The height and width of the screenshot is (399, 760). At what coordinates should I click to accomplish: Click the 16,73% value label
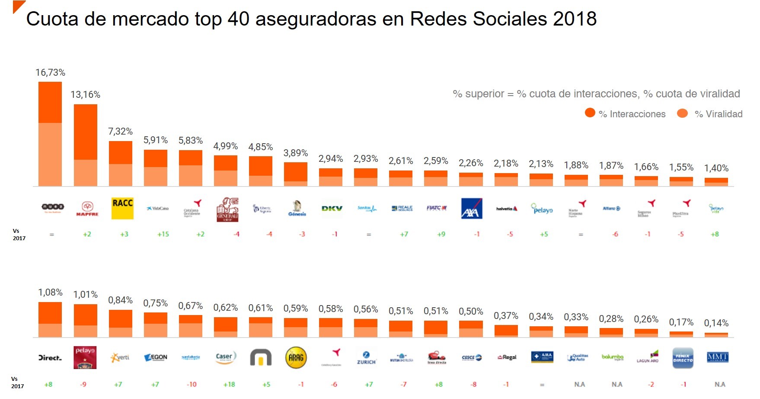(x=50, y=73)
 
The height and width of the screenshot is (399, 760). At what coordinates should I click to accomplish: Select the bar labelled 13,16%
(x=86, y=145)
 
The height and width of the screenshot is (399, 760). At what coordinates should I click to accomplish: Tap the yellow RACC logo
(x=122, y=208)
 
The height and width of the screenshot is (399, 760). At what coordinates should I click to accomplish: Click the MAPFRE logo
(x=87, y=209)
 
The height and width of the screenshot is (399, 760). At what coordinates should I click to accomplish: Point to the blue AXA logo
(x=472, y=209)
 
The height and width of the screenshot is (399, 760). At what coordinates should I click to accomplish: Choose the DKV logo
(x=332, y=209)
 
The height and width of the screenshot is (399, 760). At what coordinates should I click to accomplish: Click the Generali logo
(x=227, y=209)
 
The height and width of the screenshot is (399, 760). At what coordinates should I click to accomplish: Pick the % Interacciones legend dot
(x=590, y=113)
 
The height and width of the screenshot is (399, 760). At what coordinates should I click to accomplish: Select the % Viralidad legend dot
(x=682, y=113)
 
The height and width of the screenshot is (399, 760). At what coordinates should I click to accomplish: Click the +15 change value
(x=163, y=234)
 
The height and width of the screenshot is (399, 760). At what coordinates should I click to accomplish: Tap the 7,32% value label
(x=120, y=132)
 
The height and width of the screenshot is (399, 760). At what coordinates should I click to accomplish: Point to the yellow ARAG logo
(x=296, y=357)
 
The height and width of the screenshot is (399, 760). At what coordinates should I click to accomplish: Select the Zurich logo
(x=366, y=357)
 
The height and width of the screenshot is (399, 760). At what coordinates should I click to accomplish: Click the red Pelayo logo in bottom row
(x=85, y=357)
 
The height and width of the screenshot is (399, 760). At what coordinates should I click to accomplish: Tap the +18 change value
(x=229, y=384)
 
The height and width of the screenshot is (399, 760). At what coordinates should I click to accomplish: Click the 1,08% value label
(x=50, y=293)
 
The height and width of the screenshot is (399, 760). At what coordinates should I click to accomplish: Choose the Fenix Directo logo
(x=683, y=358)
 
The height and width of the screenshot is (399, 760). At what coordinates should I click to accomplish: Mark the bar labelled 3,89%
(x=296, y=174)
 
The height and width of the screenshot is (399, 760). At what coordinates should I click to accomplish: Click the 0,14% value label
(x=716, y=323)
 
